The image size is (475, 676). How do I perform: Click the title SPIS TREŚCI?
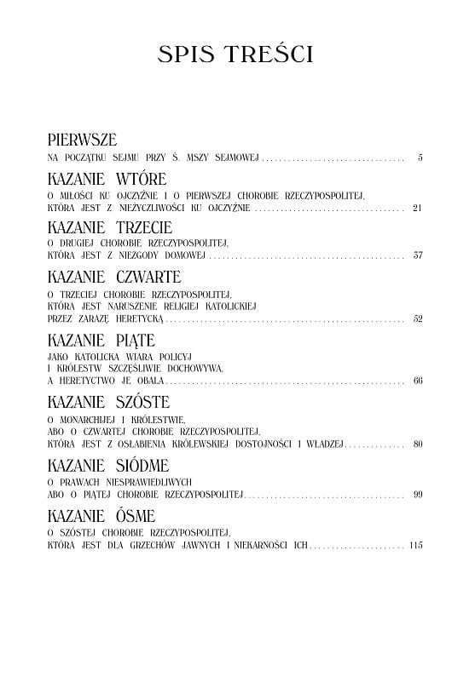236,55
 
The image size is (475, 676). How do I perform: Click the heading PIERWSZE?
82,138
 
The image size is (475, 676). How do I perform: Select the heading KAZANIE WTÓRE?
107,178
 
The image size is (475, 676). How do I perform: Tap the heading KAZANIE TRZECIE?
110,227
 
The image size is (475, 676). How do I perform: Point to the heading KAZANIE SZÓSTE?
108,401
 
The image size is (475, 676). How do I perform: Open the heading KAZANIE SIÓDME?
108,464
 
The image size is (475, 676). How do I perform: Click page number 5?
421,158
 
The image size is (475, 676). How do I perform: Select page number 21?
417,208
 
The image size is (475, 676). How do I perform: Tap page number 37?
417,256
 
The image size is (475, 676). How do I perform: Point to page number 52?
417,319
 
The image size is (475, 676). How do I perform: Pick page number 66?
417,381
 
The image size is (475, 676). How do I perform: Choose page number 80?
417,444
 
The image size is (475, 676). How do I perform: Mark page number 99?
417,494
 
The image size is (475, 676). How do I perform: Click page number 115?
415,544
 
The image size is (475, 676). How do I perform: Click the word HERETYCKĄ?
136,319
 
